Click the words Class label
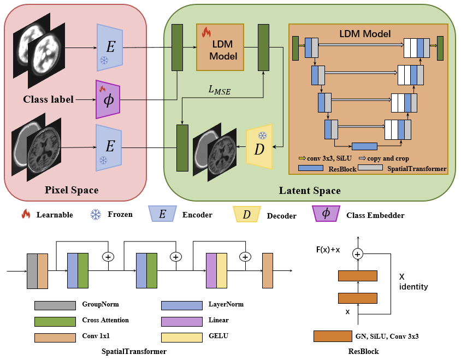[x=48, y=99]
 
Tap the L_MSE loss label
[x=220, y=90]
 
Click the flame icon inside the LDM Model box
[x=206, y=32]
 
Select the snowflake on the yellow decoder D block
[x=262, y=135]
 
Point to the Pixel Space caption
[x=72, y=190]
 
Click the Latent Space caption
[x=310, y=191]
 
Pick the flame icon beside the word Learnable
[x=26, y=214]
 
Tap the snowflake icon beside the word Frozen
[x=96, y=214]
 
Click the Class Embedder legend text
[x=375, y=215]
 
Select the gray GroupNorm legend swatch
[x=55, y=305]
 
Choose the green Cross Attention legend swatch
[x=55, y=321]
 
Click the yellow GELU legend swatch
[x=182, y=338]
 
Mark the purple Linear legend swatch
[x=182, y=321]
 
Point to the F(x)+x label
[x=328, y=250]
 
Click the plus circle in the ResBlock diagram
[x=358, y=254]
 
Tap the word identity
[x=413, y=286]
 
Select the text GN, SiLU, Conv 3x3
[x=387, y=336]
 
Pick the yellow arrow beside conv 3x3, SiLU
[x=302, y=158]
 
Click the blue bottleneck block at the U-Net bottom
[x=364, y=146]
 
